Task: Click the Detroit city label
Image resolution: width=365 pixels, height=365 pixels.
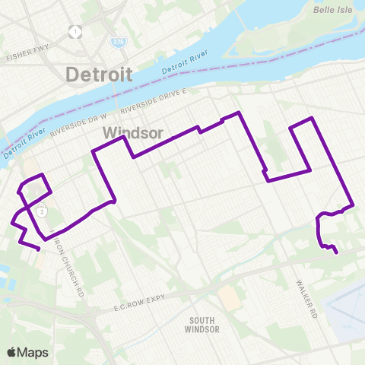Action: pyautogui.click(x=99, y=75)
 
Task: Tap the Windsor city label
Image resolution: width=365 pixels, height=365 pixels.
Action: pyautogui.click(x=132, y=133)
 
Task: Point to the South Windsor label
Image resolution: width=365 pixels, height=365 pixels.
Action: pyautogui.click(x=202, y=325)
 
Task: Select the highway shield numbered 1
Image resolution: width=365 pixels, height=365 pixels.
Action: pyautogui.click(x=75, y=32)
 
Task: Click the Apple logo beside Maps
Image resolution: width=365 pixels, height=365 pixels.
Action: pyautogui.click(x=12, y=352)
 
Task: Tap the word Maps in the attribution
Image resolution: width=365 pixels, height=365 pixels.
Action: pyautogui.click(x=33, y=352)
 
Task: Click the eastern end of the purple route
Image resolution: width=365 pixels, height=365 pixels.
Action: pyautogui.click(x=336, y=254)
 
